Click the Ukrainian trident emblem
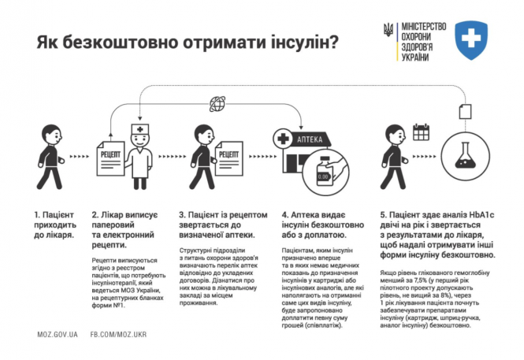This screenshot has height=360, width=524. pos(387,32)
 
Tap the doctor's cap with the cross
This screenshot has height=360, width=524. pos(139,128)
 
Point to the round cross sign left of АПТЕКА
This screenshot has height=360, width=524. pos(282,139)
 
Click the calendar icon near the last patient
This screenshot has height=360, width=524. pos(422,133)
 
